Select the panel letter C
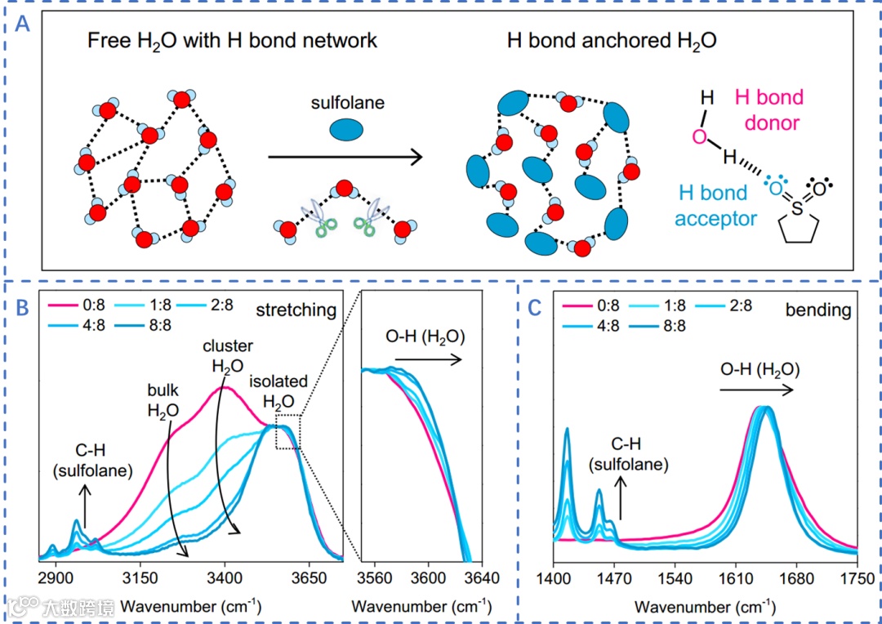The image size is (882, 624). pos(535,308)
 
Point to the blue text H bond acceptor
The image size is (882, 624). pos(711,206)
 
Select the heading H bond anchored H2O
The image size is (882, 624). pos(612,40)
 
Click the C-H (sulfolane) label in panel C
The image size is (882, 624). pos(630,454)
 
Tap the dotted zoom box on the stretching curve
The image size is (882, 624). pos(287,431)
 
